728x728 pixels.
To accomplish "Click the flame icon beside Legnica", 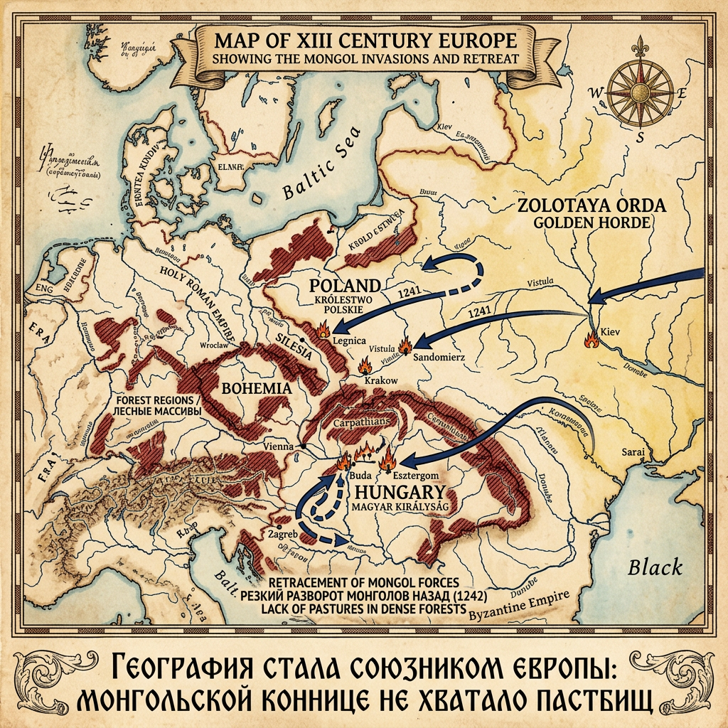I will tap(323, 329).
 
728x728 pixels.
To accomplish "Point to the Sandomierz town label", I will tap(439, 356).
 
